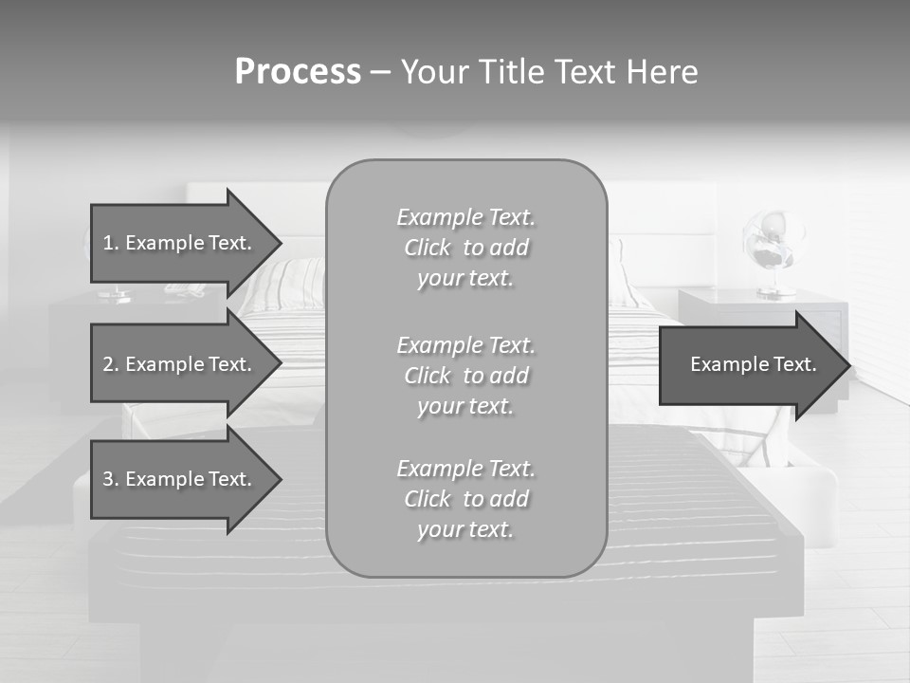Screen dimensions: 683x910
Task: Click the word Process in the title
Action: point(298,72)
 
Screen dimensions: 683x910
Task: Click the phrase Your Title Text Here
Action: point(549,72)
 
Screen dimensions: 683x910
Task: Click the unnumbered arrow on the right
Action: point(753,364)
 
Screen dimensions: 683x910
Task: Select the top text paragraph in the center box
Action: point(465,248)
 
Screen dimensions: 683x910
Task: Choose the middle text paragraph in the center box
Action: point(465,376)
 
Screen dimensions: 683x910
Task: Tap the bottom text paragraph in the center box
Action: point(465,499)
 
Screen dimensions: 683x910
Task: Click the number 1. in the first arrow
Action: point(111,243)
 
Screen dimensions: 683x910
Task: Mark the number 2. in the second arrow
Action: point(111,364)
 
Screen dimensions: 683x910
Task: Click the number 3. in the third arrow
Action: point(111,479)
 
